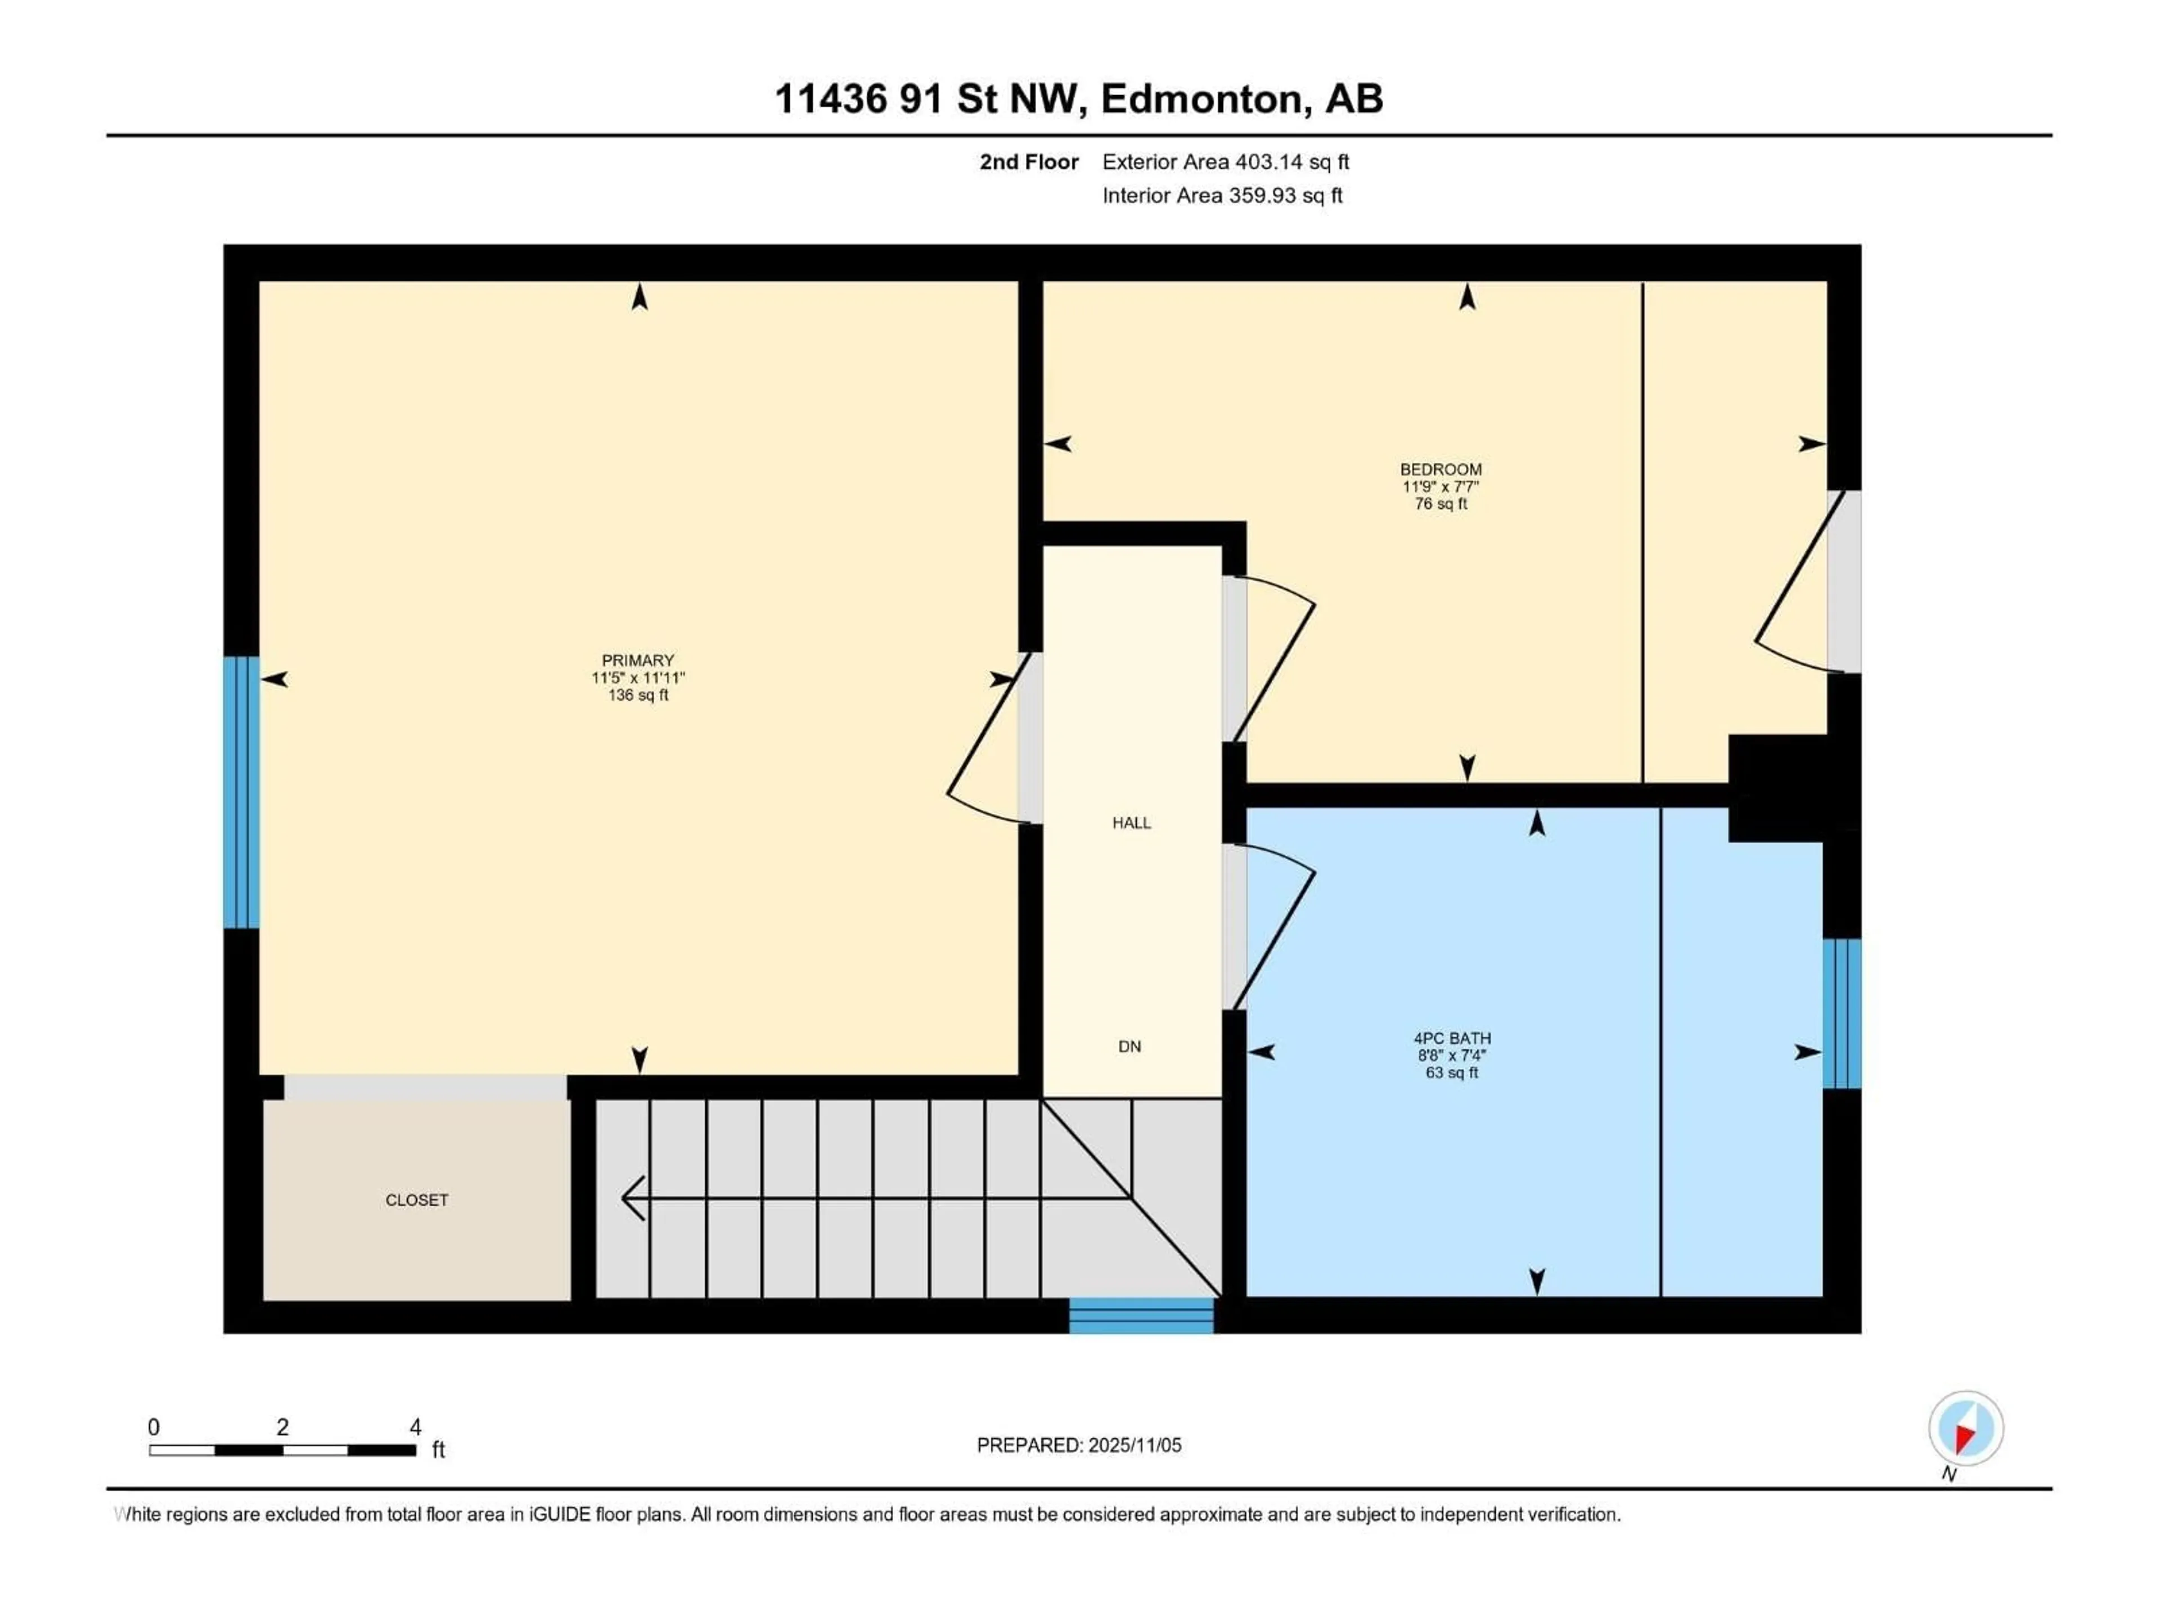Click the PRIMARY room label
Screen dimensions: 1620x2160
coord(638,661)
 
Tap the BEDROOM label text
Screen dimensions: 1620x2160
coord(1441,470)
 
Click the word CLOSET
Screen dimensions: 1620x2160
coord(417,1200)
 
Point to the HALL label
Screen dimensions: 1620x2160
coord(1131,823)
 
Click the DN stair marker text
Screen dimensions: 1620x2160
coord(1129,1047)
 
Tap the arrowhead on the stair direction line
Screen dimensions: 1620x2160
coord(631,1198)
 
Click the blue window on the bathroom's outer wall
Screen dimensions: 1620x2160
coord(1842,1014)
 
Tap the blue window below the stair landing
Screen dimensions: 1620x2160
coord(1141,1315)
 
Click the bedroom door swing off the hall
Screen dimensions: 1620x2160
coord(1274,659)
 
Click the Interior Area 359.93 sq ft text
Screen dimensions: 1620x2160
coord(1222,195)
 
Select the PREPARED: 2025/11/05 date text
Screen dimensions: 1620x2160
coord(1078,1445)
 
